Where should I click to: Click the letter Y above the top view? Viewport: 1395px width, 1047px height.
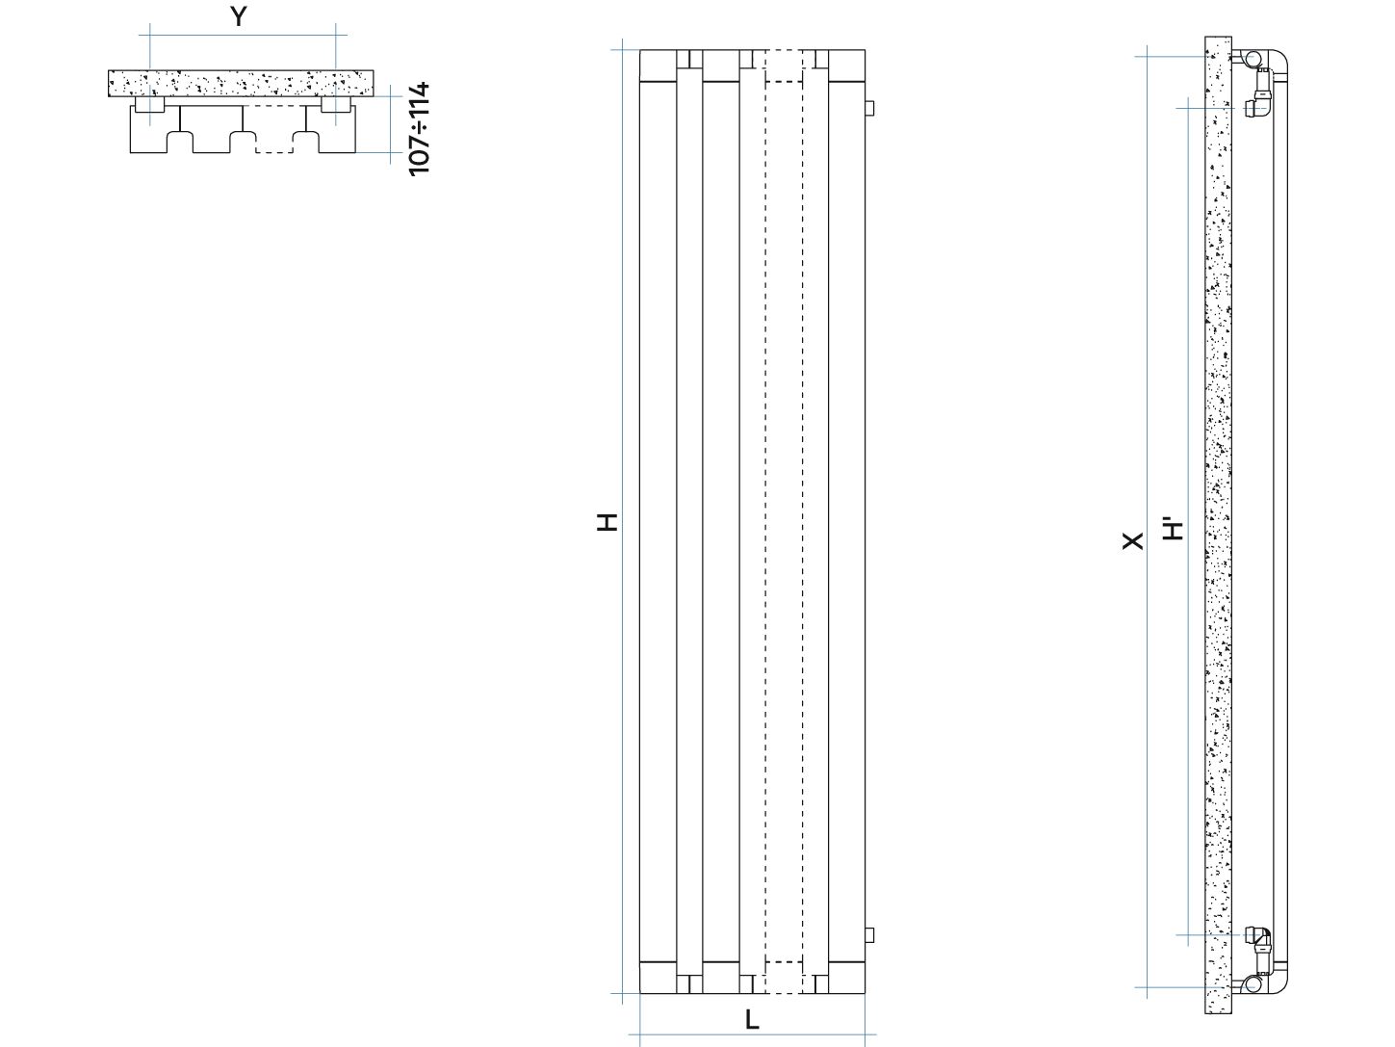click(239, 16)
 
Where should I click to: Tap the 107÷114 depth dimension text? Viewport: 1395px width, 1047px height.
click(420, 129)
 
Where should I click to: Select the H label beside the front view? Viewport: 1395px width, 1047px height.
click(607, 521)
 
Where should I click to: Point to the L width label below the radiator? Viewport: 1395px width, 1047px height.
click(752, 1020)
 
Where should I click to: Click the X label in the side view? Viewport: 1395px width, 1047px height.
click(1132, 541)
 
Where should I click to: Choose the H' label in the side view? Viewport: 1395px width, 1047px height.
click(1173, 530)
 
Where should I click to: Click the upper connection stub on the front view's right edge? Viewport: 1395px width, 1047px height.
click(869, 108)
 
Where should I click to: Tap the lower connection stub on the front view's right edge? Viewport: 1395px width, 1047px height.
click(869, 935)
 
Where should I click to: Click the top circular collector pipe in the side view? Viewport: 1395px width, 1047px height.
click(1252, 60)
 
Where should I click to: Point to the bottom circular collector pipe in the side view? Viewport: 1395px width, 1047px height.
click(1252, 984)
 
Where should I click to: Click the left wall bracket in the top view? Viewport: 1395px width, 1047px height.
click(150, 105)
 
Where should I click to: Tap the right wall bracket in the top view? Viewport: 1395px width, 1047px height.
click(336, 105)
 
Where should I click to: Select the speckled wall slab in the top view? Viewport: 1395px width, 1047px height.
click(241, 83)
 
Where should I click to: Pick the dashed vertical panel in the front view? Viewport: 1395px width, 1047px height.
click(784, 521)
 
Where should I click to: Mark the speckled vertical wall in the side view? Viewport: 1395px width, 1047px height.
click(1218, 524)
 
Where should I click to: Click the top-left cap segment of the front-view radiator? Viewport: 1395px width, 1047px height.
click(658, 65)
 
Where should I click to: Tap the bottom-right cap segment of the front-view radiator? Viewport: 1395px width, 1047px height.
click(846, 977)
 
